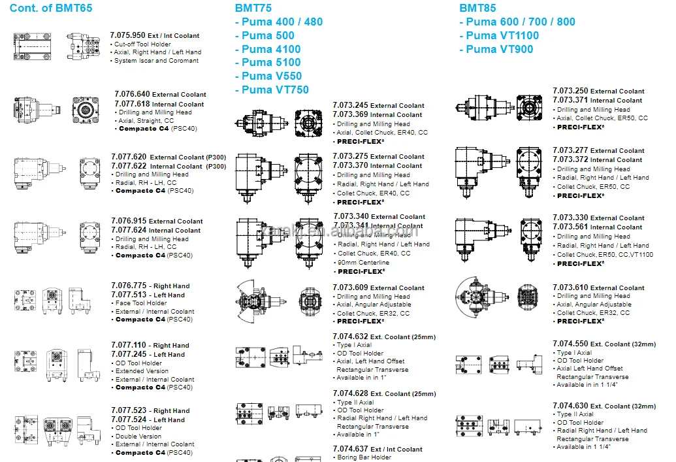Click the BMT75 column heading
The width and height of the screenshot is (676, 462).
(x=253, y=8)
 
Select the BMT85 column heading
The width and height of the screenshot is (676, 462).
(x=477, y=8)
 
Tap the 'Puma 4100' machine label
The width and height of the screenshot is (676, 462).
(x=271, y=49)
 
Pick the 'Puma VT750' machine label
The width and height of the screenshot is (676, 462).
(x=275, y=90)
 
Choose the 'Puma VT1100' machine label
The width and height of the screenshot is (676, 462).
(x=503, y=35)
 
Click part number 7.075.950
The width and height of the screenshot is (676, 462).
(x=127, y=35)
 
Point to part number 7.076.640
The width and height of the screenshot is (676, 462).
(x=132, y=94)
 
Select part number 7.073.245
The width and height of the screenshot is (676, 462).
(x=351, y=105)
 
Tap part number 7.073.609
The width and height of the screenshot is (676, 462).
(x=351, y=288)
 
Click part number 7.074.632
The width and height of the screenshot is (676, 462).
(x=351, y=337)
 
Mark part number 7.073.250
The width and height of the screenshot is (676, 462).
(x=570, y=91)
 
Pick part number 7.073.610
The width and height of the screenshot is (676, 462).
(x=570, y=288)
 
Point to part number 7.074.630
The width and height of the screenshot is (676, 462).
(x=570, y=406)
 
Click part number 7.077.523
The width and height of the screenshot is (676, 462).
(x=129, y=411)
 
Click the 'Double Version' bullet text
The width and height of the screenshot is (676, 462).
(x=138, y=437)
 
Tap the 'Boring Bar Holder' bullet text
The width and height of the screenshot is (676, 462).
(x=364, y=457)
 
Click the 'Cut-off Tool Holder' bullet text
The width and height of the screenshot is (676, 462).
(x=142, y=44)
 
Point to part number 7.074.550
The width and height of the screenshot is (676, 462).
(x=570, y=344)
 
